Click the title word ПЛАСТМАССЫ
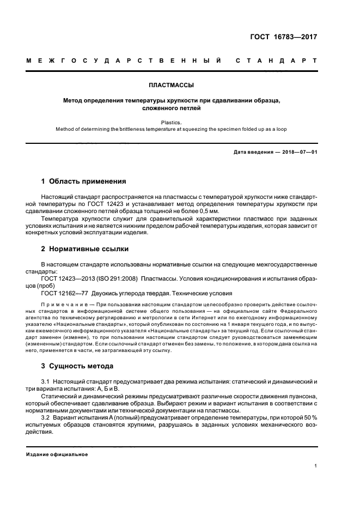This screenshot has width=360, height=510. pos(172,85)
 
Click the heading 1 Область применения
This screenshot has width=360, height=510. pos(84,181)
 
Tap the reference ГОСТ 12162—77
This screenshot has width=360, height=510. pos(66,293)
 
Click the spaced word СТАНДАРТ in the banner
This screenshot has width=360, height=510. pos(276,60)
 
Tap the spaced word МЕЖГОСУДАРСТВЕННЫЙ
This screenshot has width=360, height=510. pos(123,60)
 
